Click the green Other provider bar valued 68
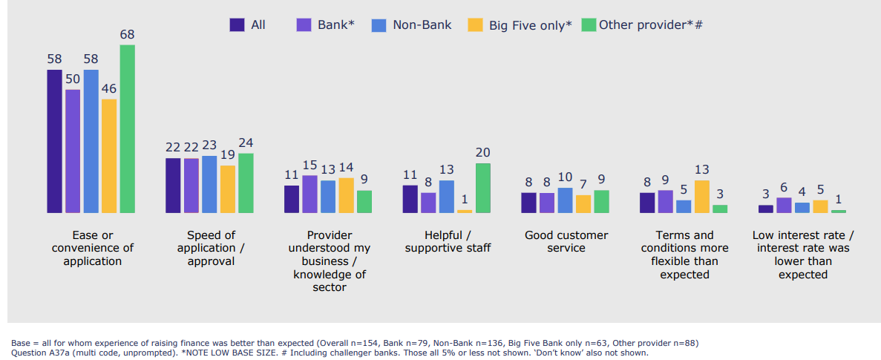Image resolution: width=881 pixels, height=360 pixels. pos(128,129)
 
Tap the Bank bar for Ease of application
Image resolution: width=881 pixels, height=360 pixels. pos(73,151)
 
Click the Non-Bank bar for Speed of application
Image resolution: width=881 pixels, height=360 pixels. pos(209,184)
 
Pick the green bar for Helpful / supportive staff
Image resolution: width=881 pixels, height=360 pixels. pos(482,188)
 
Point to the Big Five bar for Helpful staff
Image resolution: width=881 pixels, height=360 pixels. pos(465,211)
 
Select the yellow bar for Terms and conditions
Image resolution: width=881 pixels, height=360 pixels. pos(701,197)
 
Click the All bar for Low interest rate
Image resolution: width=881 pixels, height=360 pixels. pos(765,209)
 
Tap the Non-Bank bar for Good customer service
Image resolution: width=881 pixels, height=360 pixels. pos(565,200)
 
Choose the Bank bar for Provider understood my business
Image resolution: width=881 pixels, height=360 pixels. pos(310,194)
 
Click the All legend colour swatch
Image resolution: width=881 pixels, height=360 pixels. pos(237,24)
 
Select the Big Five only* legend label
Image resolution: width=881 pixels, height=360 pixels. pos(530,25)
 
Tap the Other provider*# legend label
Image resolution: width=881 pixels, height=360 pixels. pos(650,25)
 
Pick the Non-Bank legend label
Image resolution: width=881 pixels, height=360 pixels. pos(422,25)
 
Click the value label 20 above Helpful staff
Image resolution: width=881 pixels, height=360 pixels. pos(482,152)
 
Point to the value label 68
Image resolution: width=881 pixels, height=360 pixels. pos(128,34)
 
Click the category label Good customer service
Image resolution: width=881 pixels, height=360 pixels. pos(566,241)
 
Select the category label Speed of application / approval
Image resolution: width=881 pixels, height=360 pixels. pos(212,248)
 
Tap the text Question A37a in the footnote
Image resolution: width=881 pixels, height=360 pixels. pos(36,353)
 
